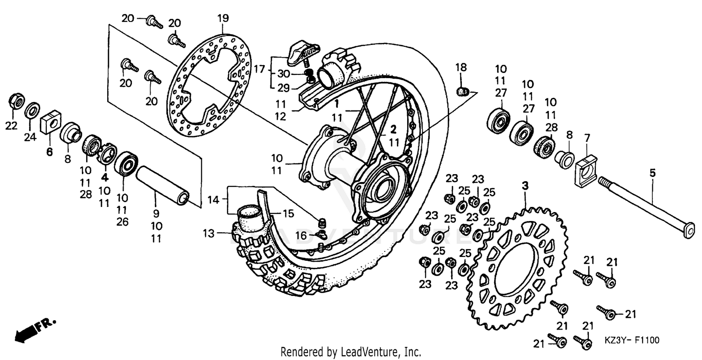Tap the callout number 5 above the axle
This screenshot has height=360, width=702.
point(652,173)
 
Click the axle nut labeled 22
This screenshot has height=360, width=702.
point(14,102)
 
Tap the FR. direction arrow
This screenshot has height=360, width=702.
point(36,328)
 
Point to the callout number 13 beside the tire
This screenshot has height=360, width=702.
point(209,233)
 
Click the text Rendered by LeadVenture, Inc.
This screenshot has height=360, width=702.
point(351,352)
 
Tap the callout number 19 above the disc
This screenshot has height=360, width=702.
point(223,18)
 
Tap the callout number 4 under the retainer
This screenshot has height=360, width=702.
point(104,178)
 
